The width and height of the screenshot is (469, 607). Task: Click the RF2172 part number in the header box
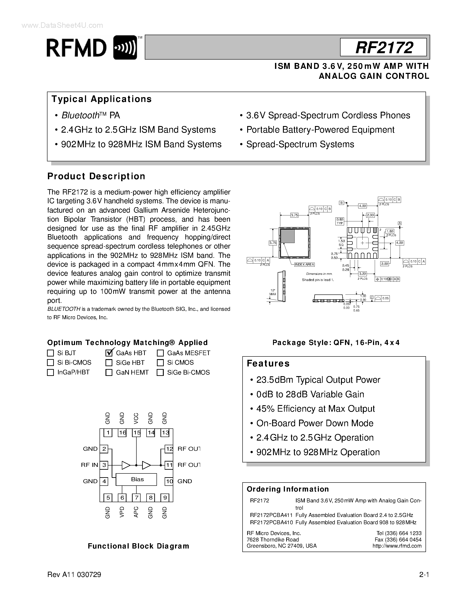pyautogui.click(x=384, y=47)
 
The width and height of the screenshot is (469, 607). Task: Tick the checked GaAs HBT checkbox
pyautogui.click(x=109, y=353)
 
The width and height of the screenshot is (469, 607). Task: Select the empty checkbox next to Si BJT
pyautogui.click(x=50, y=353)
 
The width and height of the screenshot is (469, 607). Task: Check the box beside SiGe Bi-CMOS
pyautogui.click(x=160, y=372)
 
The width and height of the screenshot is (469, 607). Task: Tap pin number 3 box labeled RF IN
pyautogui.click(x=104, y=465)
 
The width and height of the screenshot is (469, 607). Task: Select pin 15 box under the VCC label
pyautogui.click(x=136, y=433)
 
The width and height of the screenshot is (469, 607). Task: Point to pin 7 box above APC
pyautogui.click(x=136, y=498)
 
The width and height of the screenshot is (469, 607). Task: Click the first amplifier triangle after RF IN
pyautogui.click(x=126, y=465)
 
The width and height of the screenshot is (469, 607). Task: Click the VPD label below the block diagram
pyautogui.click(x=122, y=512)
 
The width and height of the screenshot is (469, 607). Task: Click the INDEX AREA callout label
pyautogui.click(x=305, y=265)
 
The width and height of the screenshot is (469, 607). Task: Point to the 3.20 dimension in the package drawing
pyautogui.click(x=362, y=274)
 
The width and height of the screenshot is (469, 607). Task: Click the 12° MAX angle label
pyautogui.click(x=273, y=292)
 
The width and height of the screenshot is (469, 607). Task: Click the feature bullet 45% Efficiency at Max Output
pyautogui.click(x=315, y=409)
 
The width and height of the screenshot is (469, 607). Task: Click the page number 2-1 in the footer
pyautogui.click(x=424, y=575)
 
